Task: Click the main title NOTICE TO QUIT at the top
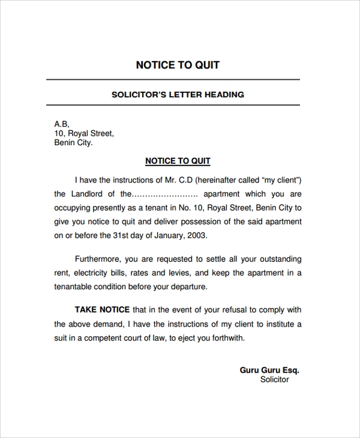point(178,65)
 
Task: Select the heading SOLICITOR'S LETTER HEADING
point(178,94)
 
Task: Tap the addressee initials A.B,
point(62,124)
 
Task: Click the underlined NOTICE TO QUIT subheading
point(178,161)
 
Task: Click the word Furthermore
point(98,259)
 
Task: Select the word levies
point(178,273)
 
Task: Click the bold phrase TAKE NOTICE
point(102,310)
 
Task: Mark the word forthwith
point(223,338)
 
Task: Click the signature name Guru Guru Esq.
point(269,370)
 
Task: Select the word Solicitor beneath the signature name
point(275,380)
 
